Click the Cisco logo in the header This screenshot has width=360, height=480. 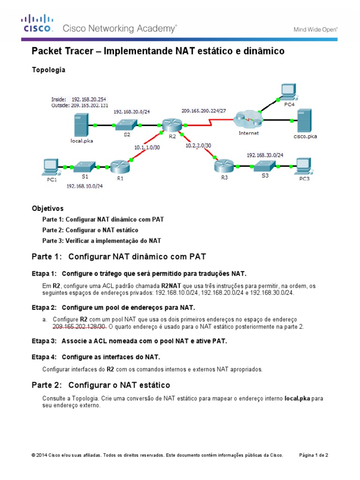[x=37, y=23]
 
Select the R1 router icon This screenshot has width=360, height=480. [x=118, y=166]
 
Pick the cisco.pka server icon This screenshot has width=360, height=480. [x=305, y=120]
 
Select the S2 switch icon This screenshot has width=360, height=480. [x=126, y=125]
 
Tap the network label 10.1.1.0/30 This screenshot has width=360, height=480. [x=147, y=147]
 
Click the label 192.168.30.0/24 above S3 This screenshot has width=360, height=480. [x=265, y=154]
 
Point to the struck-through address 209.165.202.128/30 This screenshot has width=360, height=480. [x=79, y=326]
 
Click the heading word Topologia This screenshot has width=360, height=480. [x=48, y=70]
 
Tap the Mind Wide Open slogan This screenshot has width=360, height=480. [x=315, y=29]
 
